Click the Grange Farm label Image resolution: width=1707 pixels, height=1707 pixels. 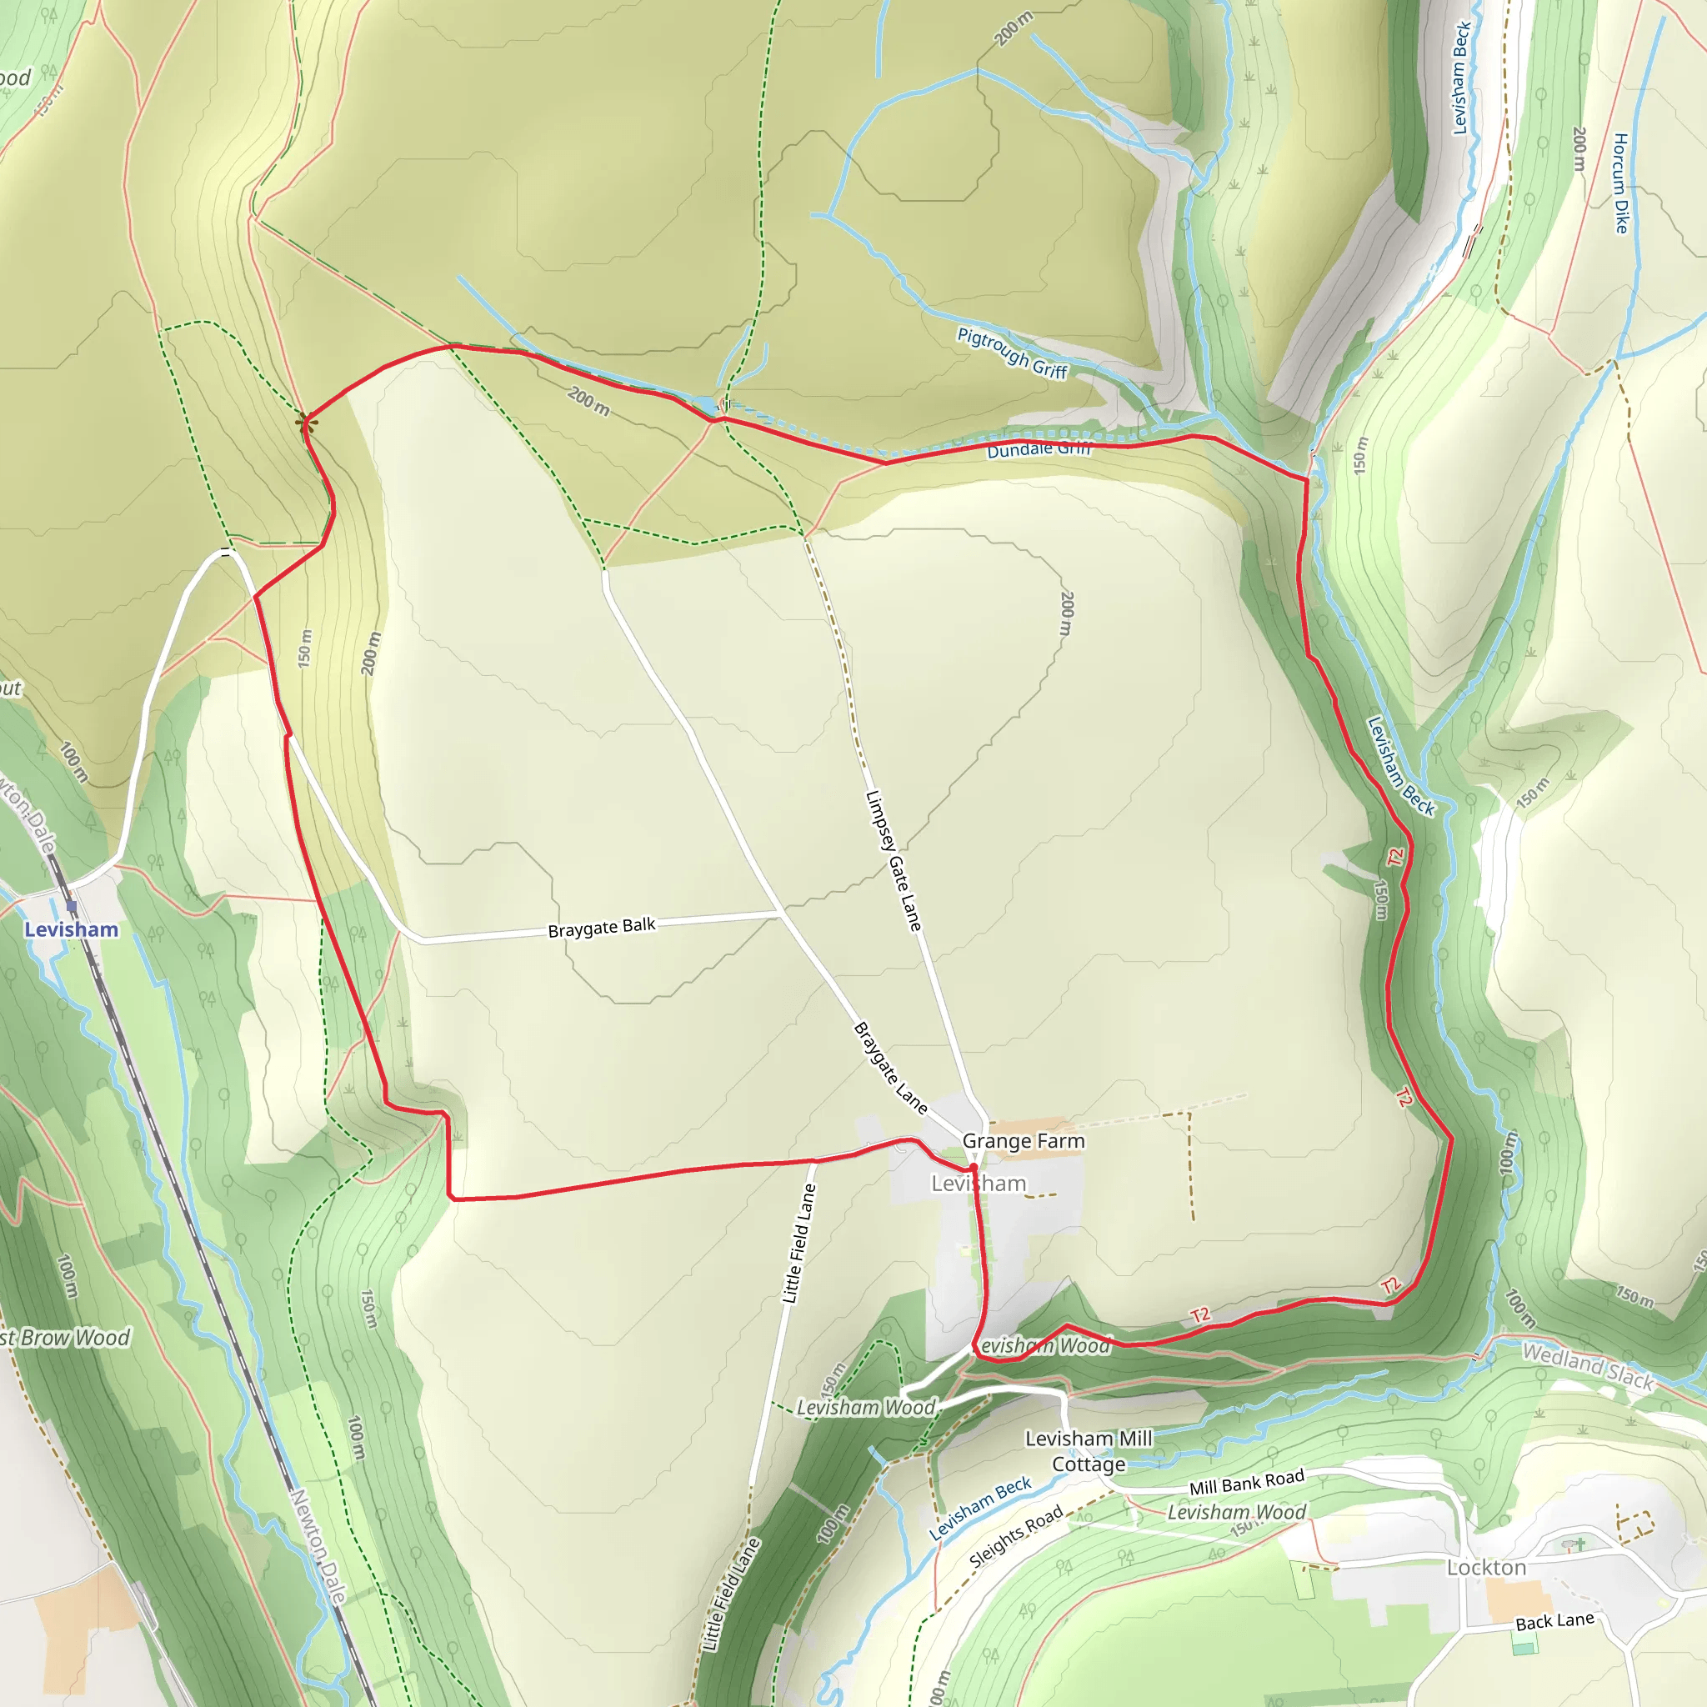pyautogui.click(x=1024, y=1141)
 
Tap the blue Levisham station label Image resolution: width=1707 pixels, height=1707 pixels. pyautogui.click(x=71, y=929)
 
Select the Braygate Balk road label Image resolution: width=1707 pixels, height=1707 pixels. pyautogui.click(x=602, y=928)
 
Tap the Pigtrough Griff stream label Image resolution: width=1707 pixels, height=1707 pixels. pyautogui.click(x=1013, y=353)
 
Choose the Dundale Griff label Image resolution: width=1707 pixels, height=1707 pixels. pyautogui.click(x=1039, y=449)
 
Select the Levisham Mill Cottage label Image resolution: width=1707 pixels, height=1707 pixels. pyautogui.click(x=1089, y=1451)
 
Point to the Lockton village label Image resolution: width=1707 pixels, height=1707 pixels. pyautogui.click(x=1486, y=1568)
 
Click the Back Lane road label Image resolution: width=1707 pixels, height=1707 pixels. pyautogui.click(x=1555, y=1621)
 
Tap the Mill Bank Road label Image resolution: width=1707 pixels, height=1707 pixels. pyautogui.click(x=1247, y=1483)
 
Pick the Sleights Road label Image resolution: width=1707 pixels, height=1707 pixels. pyautogui.click(x=1016, y=1537)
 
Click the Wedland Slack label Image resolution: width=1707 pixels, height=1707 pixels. pyautogui.click(x=1588, y=1367)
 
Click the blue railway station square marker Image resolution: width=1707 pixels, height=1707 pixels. pyautogui.click(x=72, y=906)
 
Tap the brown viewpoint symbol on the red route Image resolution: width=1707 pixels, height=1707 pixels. pyautogui.click(x=306, y=423)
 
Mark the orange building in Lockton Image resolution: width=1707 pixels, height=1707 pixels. pyautogui.click(x=1517, y=1599)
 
